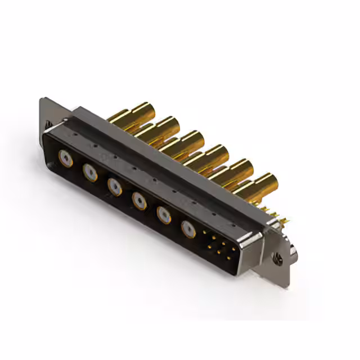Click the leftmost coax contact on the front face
[x=66, y=159]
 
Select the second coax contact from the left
[x=90, y=172]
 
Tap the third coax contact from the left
[x=115, y=186]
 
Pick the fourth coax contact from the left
[x=139, y=200]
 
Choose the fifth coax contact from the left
[x=164, y=214]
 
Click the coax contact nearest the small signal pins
[x=188, y=228]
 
